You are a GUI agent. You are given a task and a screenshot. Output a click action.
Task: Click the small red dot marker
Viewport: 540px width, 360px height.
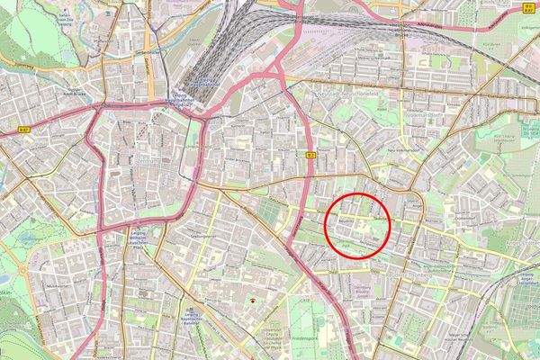tap(252, 301)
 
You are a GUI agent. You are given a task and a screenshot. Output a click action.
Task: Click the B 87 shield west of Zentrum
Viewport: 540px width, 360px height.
tap(25, 131)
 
